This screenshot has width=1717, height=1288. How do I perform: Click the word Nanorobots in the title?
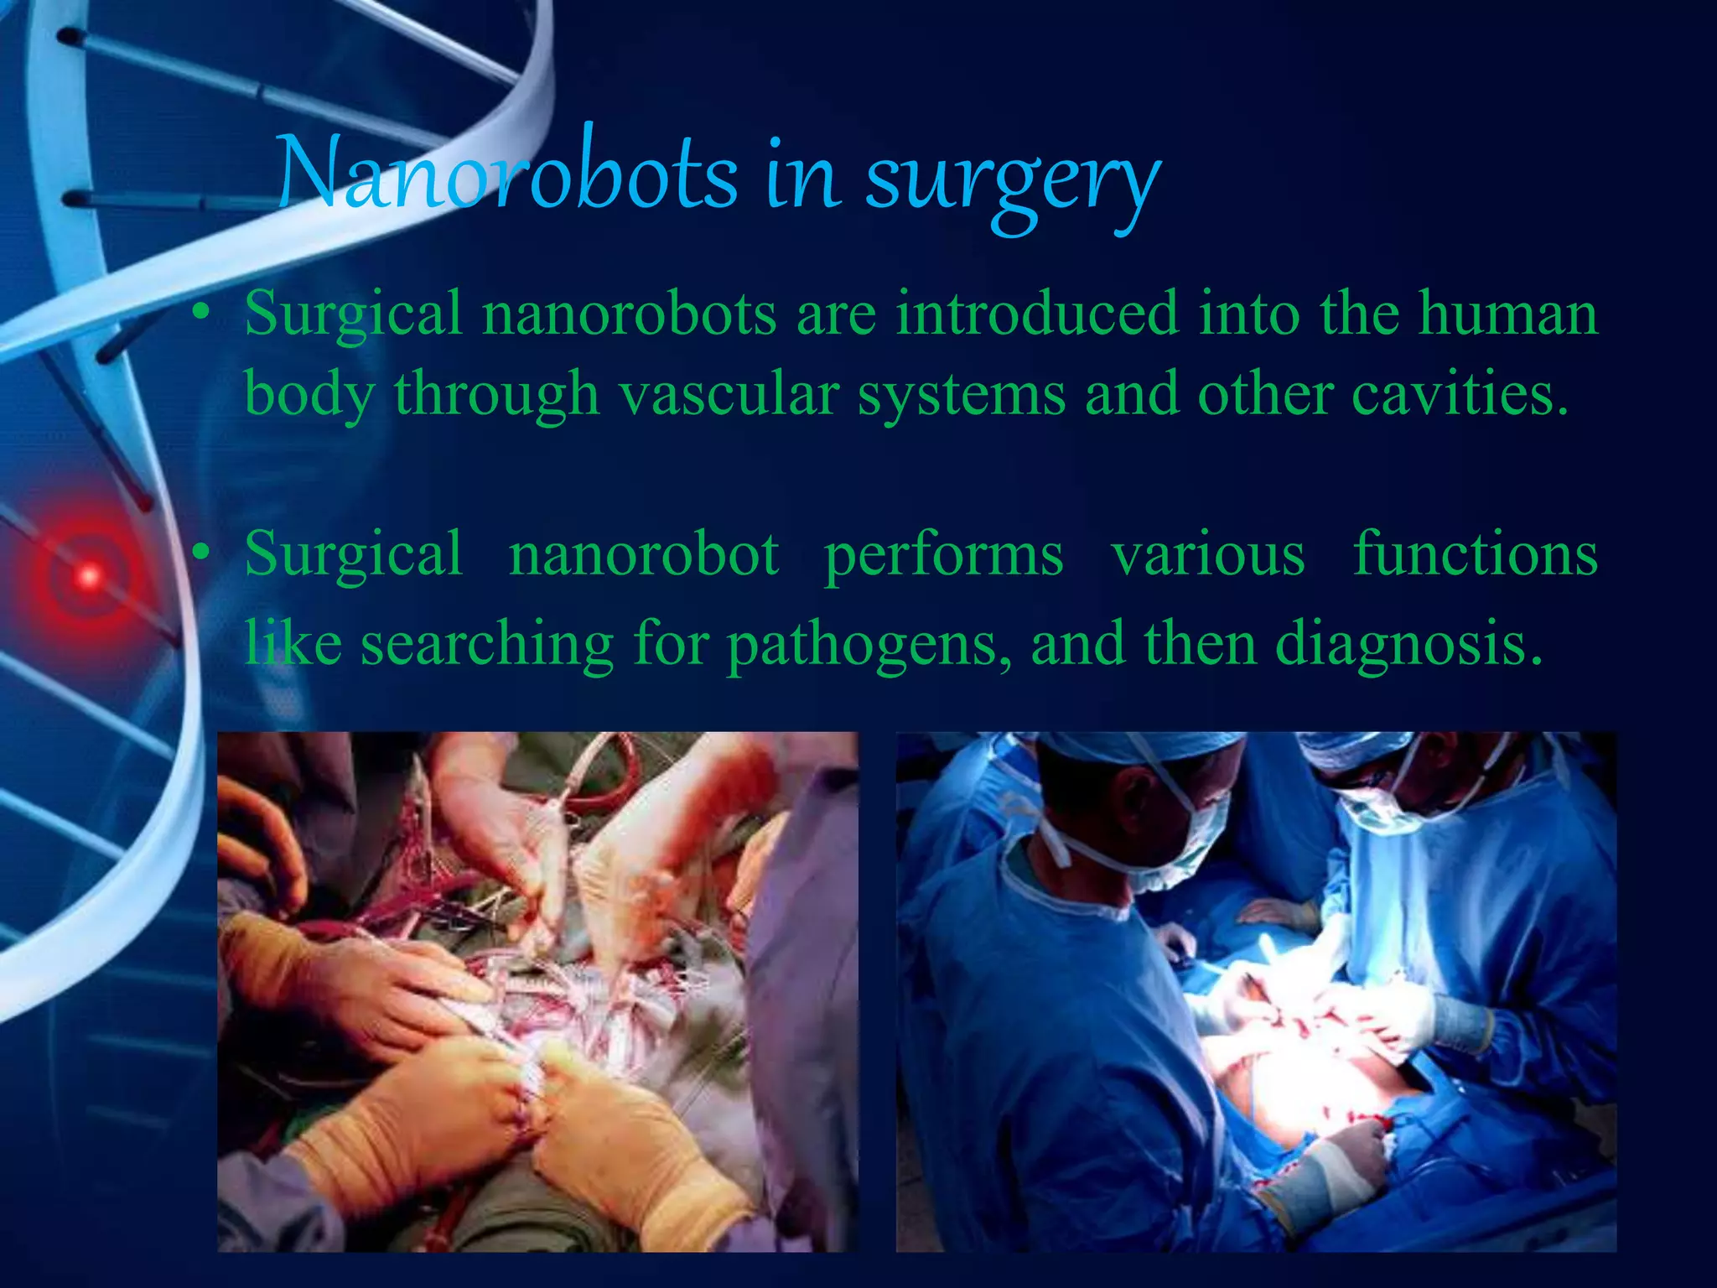coord(507,174)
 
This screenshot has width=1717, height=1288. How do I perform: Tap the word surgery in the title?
coord(1013,180)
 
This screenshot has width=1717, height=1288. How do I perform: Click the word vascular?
coord(729,393)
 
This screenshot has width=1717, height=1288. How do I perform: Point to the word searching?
coord(488,646)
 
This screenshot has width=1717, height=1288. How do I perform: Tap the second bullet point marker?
coord(200,555)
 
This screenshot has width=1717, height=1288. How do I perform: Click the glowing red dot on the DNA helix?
coord(88,576)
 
